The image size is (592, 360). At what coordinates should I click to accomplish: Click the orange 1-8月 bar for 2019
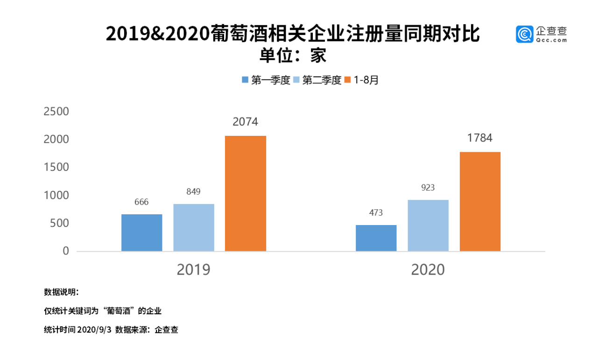pyautogui.click(x=246, y=193)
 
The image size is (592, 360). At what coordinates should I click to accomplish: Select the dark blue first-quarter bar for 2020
pyautogui.click(x=376, y=238)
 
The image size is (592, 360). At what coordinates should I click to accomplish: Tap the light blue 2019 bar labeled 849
pyautogui.click(x=194, y=227)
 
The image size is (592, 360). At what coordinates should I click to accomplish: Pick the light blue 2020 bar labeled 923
pyautogui.click(x=428, y=226)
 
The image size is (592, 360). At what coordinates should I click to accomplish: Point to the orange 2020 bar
pyautogui.click(x=480, y=201)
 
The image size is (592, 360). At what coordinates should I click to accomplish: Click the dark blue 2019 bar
pyautogui.click(x=142, y=233)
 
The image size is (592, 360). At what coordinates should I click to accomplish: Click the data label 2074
pyautogui.click(x=246, y=122)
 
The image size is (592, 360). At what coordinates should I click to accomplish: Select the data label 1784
pyautogui.click(x=480, y=138)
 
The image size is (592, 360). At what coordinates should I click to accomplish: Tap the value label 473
pyautogui.click(x=376, y=213)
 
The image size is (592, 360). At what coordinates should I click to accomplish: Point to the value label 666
pyautogui.click(x=141, y=202)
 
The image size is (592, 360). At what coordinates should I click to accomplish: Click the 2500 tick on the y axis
pyautogui.click(x=56, y=112)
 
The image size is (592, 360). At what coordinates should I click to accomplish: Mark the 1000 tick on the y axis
pyautogui.click(x=56, y=195)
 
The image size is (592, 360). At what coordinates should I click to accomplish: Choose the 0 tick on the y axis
pyautogui.click(x=65, y=251)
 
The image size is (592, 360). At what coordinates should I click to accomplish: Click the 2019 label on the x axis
pyautogui.click(x=193, y=270)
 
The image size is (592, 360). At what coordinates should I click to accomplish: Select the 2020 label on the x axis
pyautogui.click(x=428, y=270)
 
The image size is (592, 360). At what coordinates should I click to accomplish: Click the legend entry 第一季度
pyautogui.click(x=266, y=80)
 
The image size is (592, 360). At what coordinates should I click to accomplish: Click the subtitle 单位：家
pyautogui.click(x=293, y=56)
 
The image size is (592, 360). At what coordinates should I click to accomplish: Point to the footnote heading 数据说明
pyautogui.click(x=61, y=292)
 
